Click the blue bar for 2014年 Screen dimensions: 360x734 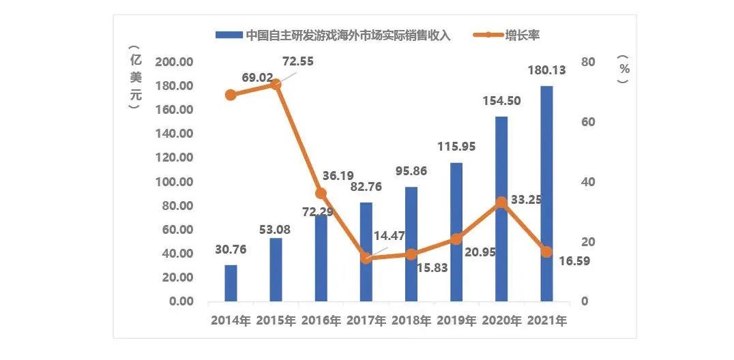(231, 283)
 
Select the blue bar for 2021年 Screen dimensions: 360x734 (546, 194)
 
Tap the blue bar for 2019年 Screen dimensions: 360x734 (456, 232)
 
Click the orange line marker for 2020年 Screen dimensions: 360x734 (501, 202)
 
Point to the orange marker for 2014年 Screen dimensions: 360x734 (231, 95)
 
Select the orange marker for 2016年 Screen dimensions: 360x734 (321, 194)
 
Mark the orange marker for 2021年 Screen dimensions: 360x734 (546, 252)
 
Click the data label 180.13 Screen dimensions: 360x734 (546, 70)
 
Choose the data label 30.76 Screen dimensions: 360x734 (231, 250)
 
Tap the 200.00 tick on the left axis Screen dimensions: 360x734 (175, 62)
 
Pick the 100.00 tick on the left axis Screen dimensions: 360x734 (175, 182)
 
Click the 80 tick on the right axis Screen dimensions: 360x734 (589, 62)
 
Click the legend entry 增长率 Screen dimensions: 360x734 (524, 35)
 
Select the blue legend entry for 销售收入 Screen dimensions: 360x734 (334, 35)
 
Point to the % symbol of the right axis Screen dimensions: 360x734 (621, 68)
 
